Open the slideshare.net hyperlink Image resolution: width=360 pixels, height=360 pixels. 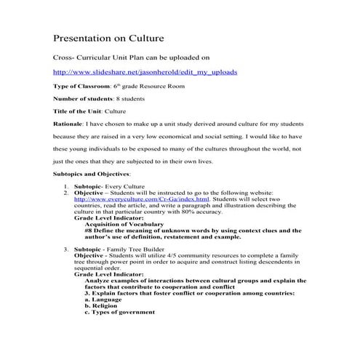[x=145, y=73]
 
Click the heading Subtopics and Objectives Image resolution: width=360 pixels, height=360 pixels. [x=92, y=175]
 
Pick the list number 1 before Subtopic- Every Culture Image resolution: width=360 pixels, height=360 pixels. [x=67, y=187]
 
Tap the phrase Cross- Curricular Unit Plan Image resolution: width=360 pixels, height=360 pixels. [x=103, y=56]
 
